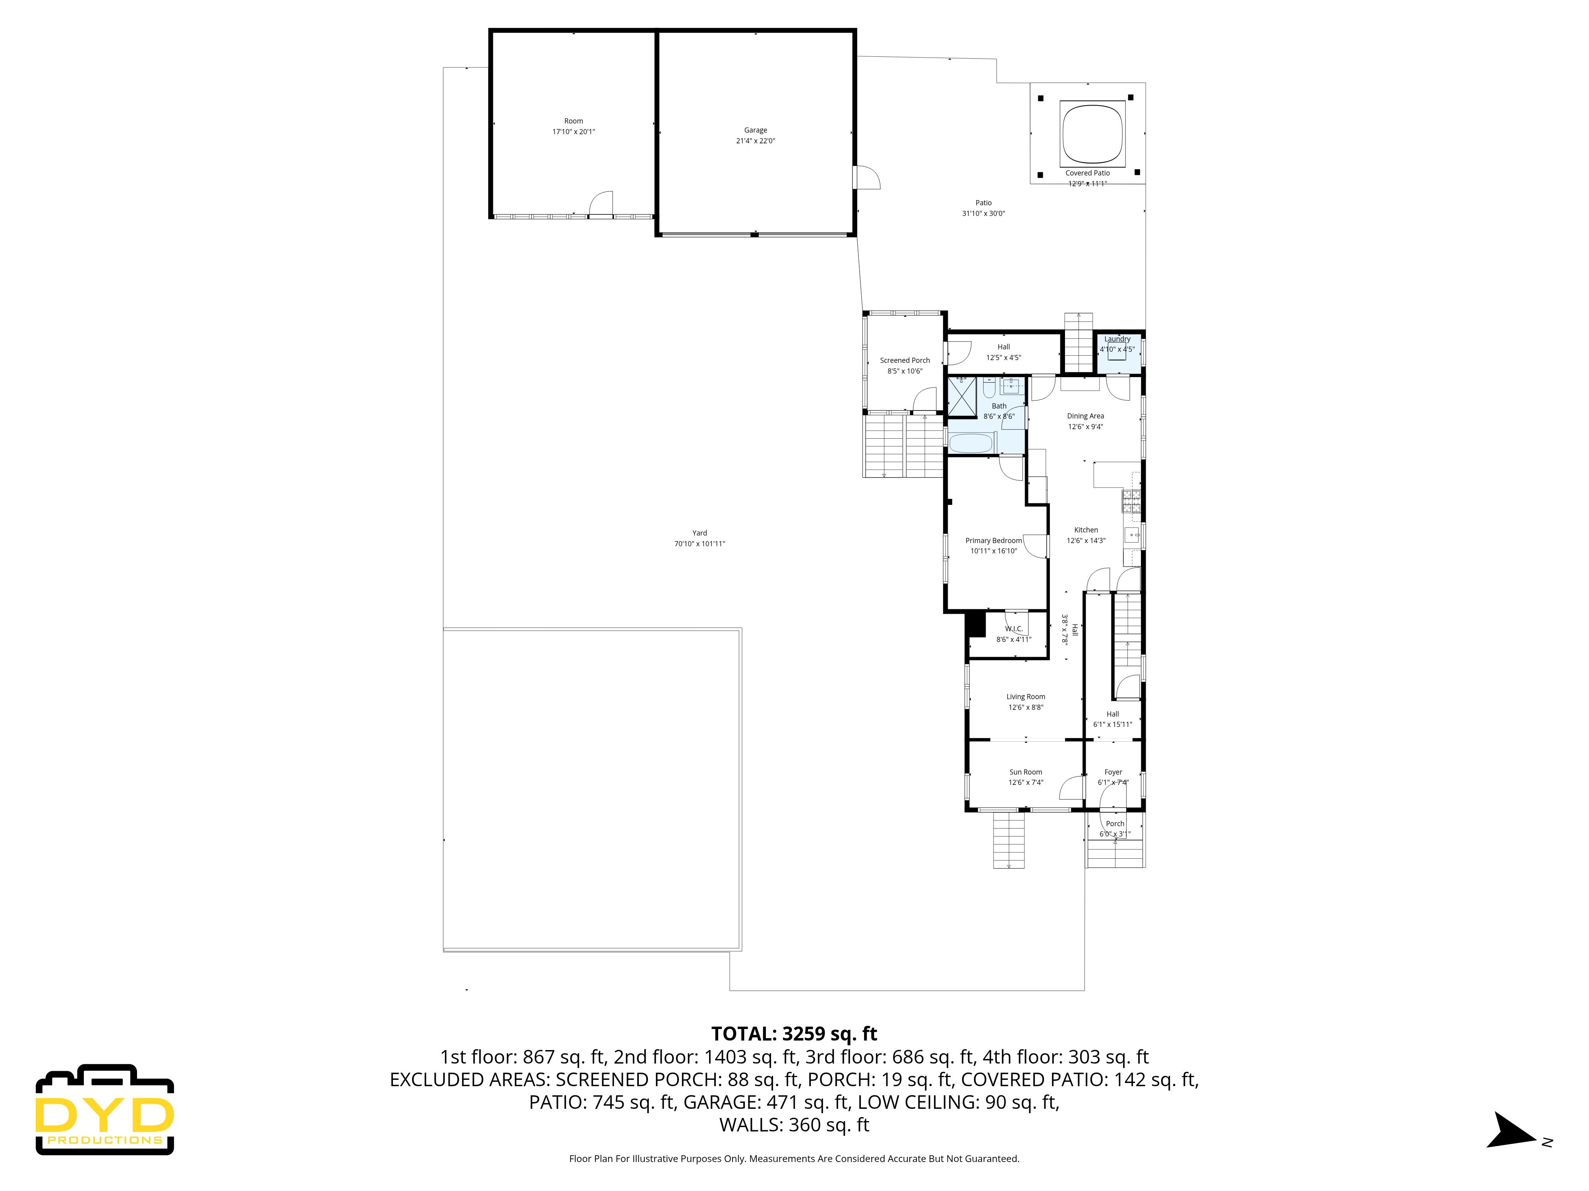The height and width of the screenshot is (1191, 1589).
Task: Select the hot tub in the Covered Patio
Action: (1092, 133)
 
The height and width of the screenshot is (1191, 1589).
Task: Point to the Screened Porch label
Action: (905, 360)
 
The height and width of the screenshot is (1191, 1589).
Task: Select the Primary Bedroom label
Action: (993, 541)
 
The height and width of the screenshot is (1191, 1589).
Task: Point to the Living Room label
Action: (1025, 696)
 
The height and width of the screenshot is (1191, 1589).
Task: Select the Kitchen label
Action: (1085, 530)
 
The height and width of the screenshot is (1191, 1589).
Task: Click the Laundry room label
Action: (1117, 339)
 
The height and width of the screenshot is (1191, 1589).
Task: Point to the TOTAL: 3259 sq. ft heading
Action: (794, 1034)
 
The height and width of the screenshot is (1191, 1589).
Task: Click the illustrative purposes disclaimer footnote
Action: (794, 1159)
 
